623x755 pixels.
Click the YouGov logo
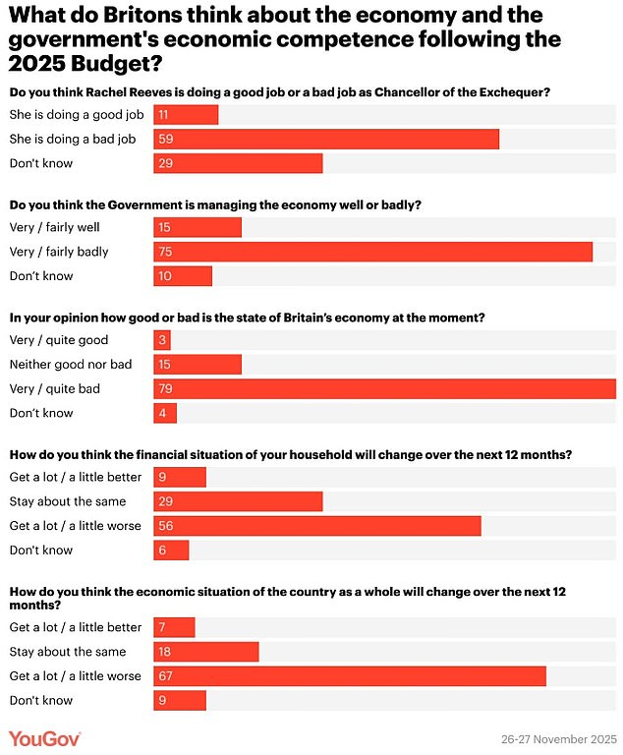click(x=44, y=737)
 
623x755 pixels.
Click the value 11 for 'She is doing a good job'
click(x=165, y=115)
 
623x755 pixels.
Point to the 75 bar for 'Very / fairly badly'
click(x=372, y=252)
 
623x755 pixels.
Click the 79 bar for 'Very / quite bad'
click(x=384, y=389)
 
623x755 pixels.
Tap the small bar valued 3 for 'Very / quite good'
click(x=162, y=341)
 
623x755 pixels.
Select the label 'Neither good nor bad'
click(x=70, y=365)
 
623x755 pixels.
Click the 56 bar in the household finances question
click(x=317, y=526)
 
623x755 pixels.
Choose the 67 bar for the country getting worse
click(x=350, y=676)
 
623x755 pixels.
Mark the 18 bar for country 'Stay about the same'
click(x=206, y=652)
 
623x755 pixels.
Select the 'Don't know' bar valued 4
click(x=165, y=414)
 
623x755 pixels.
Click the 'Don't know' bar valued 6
click(x=171, y=551)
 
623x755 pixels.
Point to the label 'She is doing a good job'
click(x=76, y=115)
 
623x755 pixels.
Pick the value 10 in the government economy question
click(x=165, y=276)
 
